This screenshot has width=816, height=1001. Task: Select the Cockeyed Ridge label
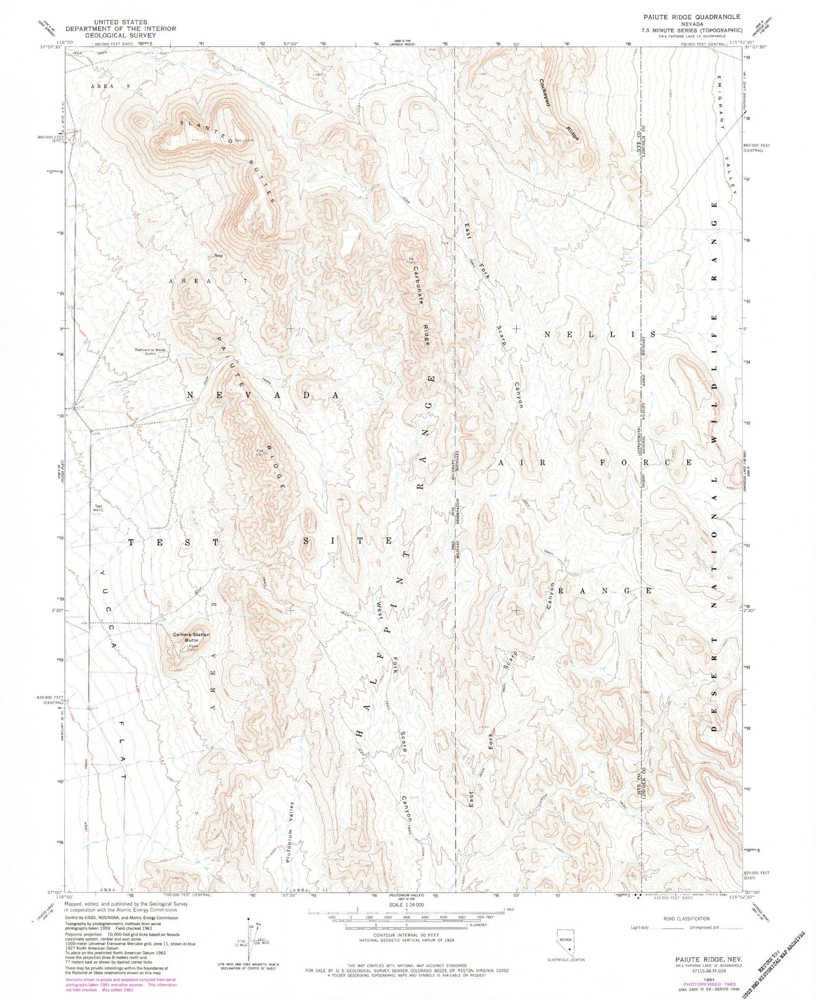559,111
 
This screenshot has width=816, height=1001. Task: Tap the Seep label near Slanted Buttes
219,255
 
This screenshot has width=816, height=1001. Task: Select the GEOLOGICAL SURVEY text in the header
120,35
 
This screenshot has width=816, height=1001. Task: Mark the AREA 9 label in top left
103,86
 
